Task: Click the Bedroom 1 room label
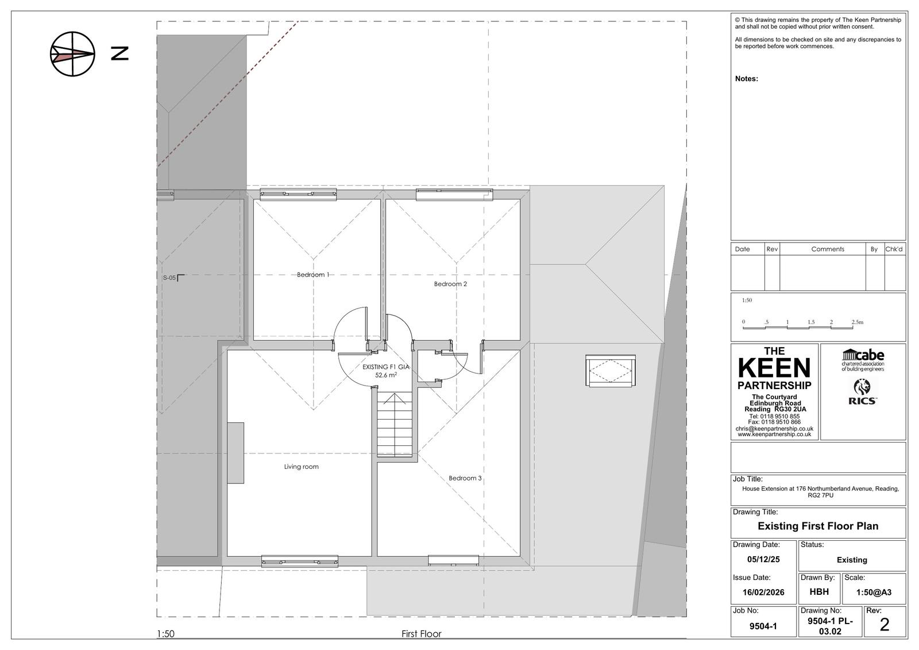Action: point(313,275)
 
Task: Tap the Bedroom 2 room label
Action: point(450,284)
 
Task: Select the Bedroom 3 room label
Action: point(465,478)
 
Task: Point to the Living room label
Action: point(301,467)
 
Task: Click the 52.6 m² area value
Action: point(385,375)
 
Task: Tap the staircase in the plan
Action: point(395,424)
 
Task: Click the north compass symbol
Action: point(72,54)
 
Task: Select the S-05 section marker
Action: point(173,278)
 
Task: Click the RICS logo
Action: point(862,392)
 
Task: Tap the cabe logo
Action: point(863,360)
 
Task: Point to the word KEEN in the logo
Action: point(774,368)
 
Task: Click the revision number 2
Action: point(884,625)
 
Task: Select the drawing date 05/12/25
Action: point(763,559)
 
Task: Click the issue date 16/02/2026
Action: point(763,592)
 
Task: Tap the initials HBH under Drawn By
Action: point(819,592)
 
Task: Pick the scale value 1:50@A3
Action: point(874,592)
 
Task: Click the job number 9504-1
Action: point(763,626)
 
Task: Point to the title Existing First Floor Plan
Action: point(818,526)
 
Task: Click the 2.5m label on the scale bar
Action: point(857,322)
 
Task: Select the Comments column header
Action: point(828,249)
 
